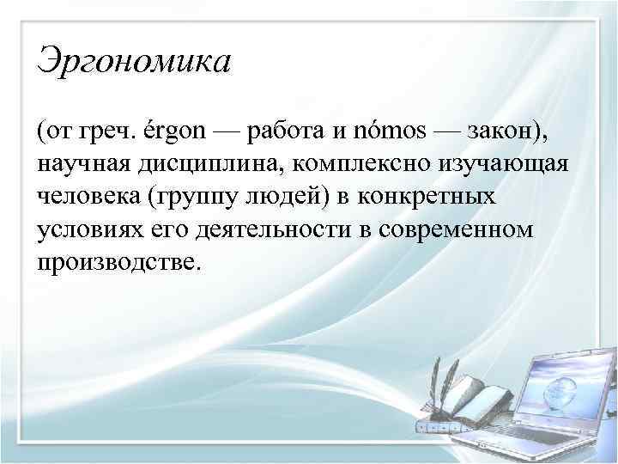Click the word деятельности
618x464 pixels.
(252, 229)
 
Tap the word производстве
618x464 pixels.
(117, 261)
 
